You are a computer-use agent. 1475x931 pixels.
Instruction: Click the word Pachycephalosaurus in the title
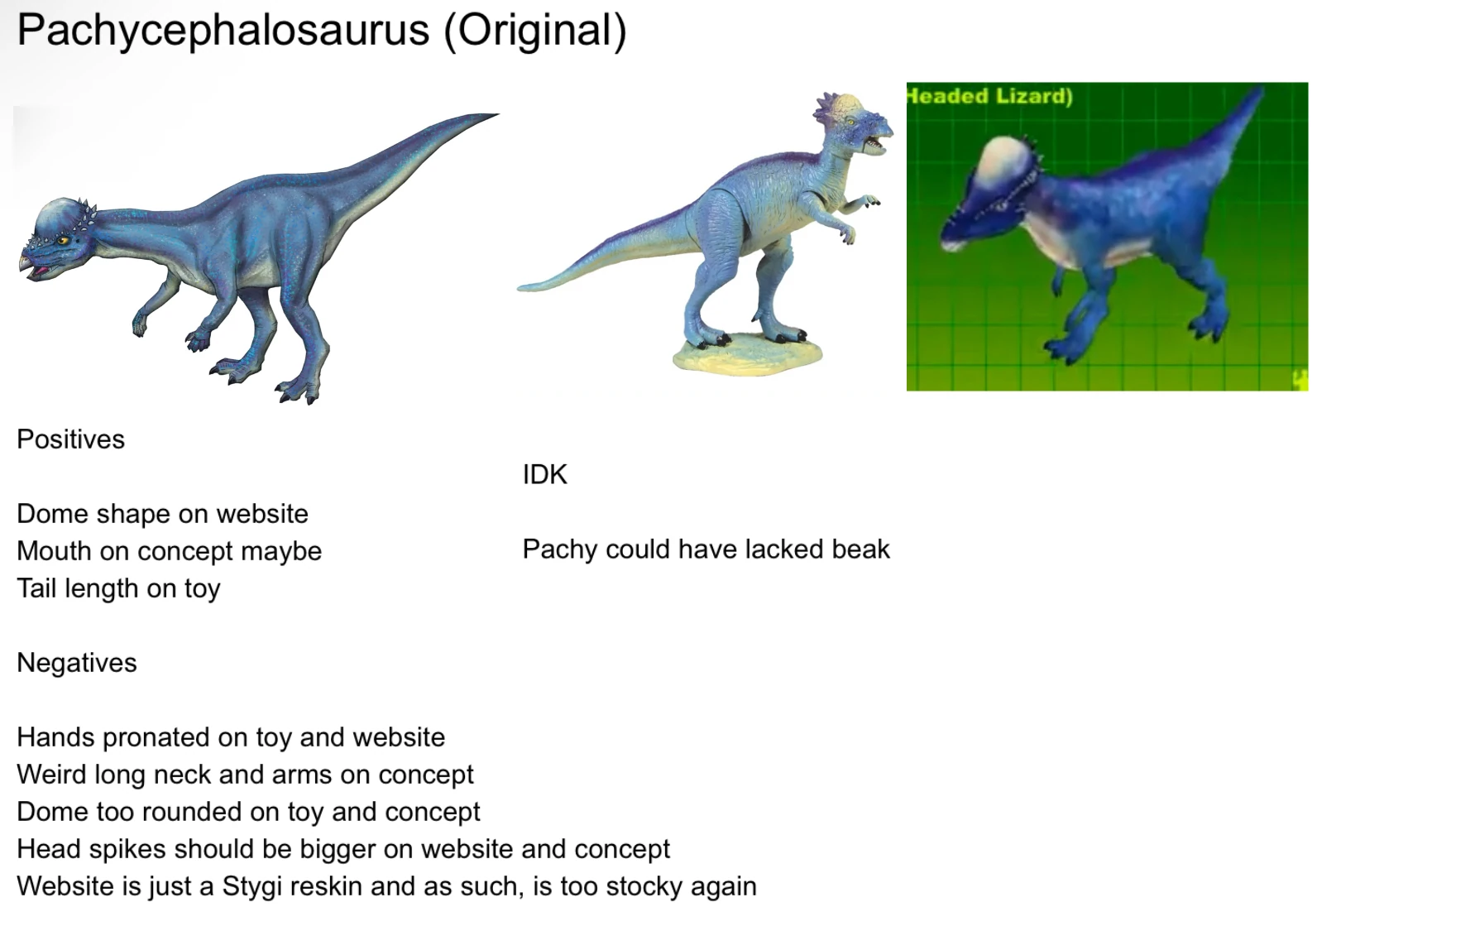click(223, 31)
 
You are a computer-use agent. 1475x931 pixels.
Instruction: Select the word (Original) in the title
click(535, 31)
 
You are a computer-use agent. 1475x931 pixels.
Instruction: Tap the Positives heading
click(70, 439)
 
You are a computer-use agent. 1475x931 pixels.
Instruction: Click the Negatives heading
click(77, 663)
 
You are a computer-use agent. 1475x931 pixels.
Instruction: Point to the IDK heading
click(545, 475)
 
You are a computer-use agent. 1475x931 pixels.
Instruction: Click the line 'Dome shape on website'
click(162, 514)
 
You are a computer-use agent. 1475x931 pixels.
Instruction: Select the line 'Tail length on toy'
click(118, 588)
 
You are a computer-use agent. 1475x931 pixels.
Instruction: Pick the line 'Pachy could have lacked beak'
click(706, 549)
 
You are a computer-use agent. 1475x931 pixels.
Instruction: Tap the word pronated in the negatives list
click(175, 737)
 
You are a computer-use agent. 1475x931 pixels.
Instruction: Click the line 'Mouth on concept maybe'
click(169, 551)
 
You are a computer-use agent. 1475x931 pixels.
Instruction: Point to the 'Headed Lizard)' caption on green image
click(990, 96)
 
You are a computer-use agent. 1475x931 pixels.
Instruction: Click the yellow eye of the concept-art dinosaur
click(62, 241)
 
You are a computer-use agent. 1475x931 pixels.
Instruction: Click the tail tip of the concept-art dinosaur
click(498, 115)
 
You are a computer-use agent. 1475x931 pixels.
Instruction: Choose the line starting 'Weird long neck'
click(245, 775)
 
